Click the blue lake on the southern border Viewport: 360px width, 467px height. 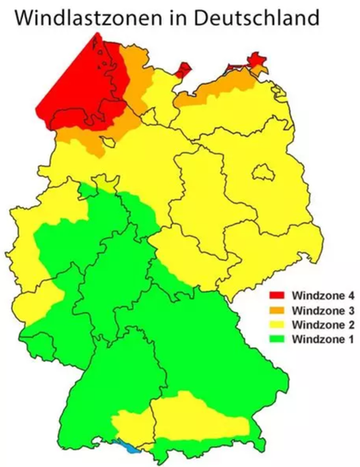tap(128, 446)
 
